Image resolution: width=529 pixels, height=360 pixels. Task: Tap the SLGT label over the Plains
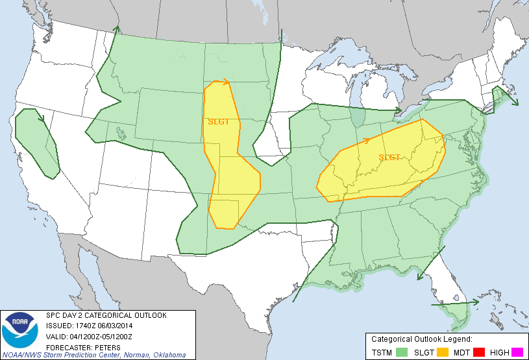218,121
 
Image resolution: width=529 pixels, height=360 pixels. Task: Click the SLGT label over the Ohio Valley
389,157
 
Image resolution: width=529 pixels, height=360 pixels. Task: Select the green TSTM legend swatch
402,352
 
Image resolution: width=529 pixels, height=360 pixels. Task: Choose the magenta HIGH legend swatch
517,352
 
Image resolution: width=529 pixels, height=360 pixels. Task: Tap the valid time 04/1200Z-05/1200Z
101,336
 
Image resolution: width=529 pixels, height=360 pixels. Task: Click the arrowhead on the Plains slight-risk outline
227,82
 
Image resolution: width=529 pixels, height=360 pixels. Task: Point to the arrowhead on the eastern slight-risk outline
367,139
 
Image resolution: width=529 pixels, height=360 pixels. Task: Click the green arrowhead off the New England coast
515,102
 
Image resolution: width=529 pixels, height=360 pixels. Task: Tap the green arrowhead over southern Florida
476,302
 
